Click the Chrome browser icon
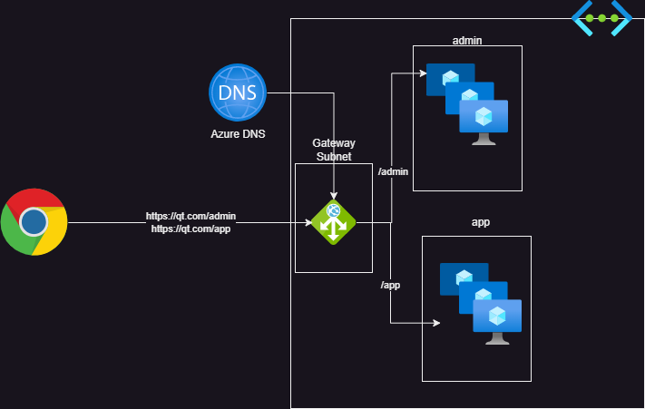point(34,222)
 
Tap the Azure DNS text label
point(238,133)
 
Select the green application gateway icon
point(333,222)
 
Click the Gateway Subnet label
point(334,150)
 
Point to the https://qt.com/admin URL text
point(191,217)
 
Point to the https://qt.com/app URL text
point(191,229)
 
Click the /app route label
point(390,285)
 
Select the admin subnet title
point(466,40)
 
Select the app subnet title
point(482,221)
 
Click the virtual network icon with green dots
point(601,18)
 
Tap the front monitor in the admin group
point(484,122)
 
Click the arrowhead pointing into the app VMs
point(436,323)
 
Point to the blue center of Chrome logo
point(34,222)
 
